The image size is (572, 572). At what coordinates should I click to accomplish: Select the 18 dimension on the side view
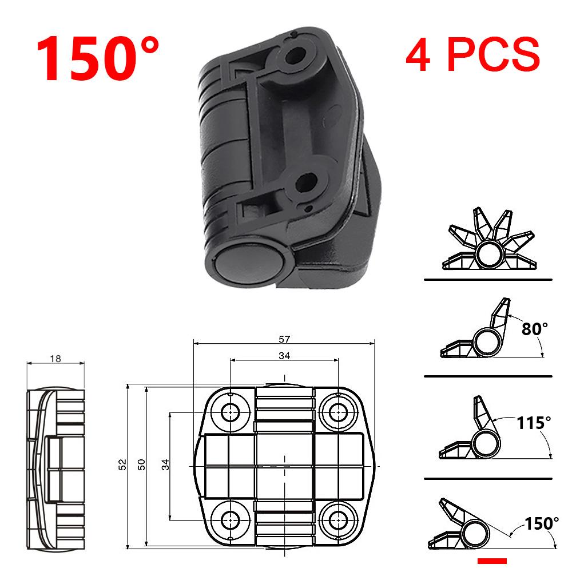[55, 359]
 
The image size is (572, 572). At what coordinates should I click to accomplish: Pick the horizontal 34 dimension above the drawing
[284, 356]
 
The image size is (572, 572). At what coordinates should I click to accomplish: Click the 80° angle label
[535, 328]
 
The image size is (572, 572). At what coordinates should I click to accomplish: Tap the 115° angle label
[534, 423]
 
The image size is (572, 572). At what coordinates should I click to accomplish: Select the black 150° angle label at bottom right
[542, 522]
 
